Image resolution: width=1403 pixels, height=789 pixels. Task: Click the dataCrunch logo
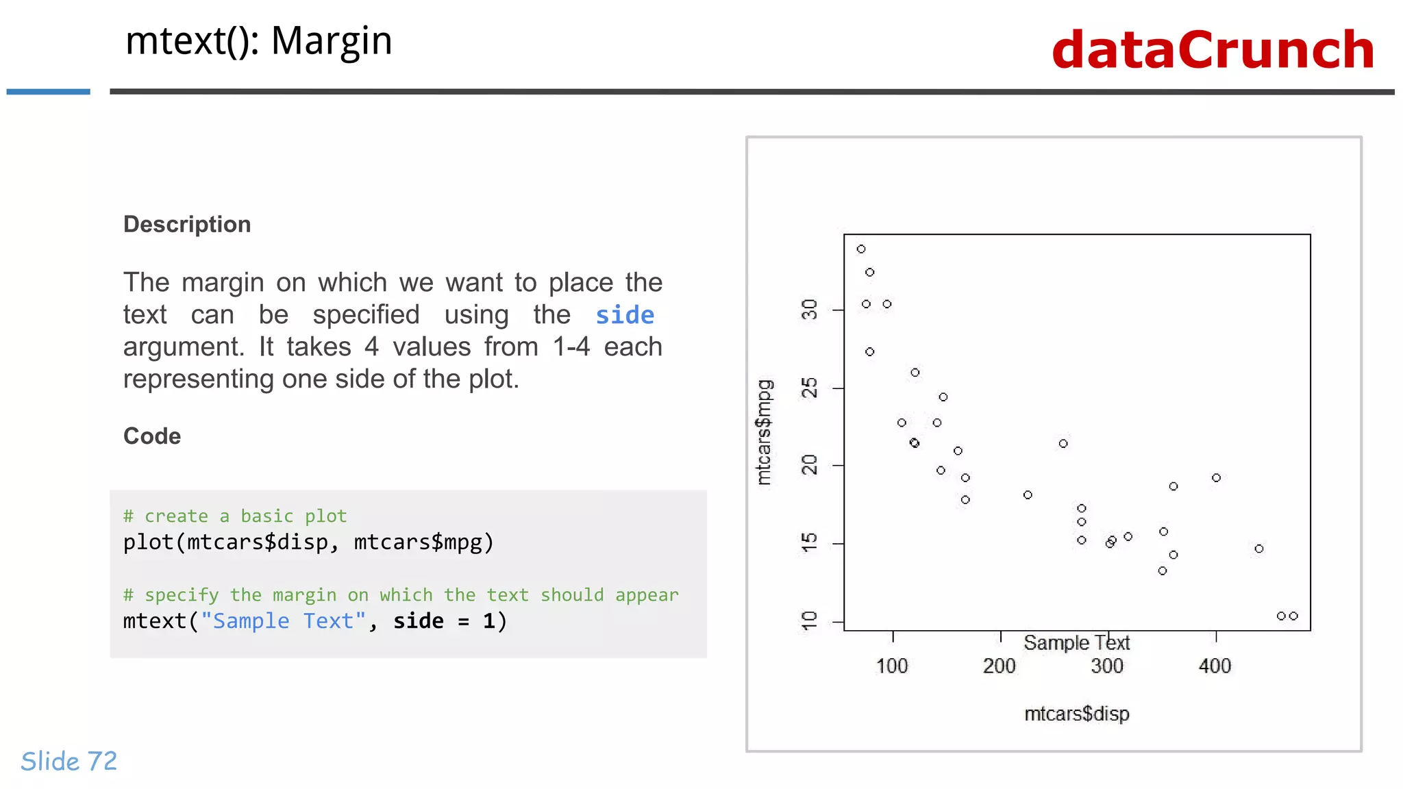click(x=1213, y=50)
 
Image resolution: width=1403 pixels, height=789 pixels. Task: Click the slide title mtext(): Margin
click(x=258, y=41)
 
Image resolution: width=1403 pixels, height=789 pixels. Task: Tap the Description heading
click(x=187, y=225)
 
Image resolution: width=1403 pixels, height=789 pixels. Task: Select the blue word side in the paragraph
click(x=624, y=315)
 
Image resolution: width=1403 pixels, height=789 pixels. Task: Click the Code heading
click(x=152, y=436)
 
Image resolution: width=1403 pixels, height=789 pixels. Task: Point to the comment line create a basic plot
click(x=235, y=516)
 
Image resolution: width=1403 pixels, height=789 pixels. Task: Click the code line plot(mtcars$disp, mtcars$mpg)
click(x=308, y=542)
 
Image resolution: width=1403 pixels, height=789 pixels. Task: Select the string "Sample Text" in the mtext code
click(x=283, y=621)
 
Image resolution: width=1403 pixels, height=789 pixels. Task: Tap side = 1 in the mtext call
click(x=449, y=621)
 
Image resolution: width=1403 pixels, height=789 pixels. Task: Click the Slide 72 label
click(x=69, y=761)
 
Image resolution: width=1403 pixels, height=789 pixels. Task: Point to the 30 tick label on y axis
click(x=810, y=310)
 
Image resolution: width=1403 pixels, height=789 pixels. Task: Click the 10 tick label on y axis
click(x=810, y=621)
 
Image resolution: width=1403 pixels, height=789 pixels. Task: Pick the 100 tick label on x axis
click(x=892, y=666)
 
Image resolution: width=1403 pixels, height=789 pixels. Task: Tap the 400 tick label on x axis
click(x=1215, y=666)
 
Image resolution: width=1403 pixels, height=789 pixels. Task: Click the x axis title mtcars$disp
click(x=1076, y=714)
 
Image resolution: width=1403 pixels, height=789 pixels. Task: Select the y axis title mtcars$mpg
click(x=764, y=432)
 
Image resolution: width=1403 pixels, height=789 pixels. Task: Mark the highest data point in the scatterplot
click(x=861, y=249)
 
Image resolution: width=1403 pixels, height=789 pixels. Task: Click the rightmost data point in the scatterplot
click(x=1293, y=616)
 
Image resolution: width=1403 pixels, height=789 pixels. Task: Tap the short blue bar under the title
click(x=48, y=91)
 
